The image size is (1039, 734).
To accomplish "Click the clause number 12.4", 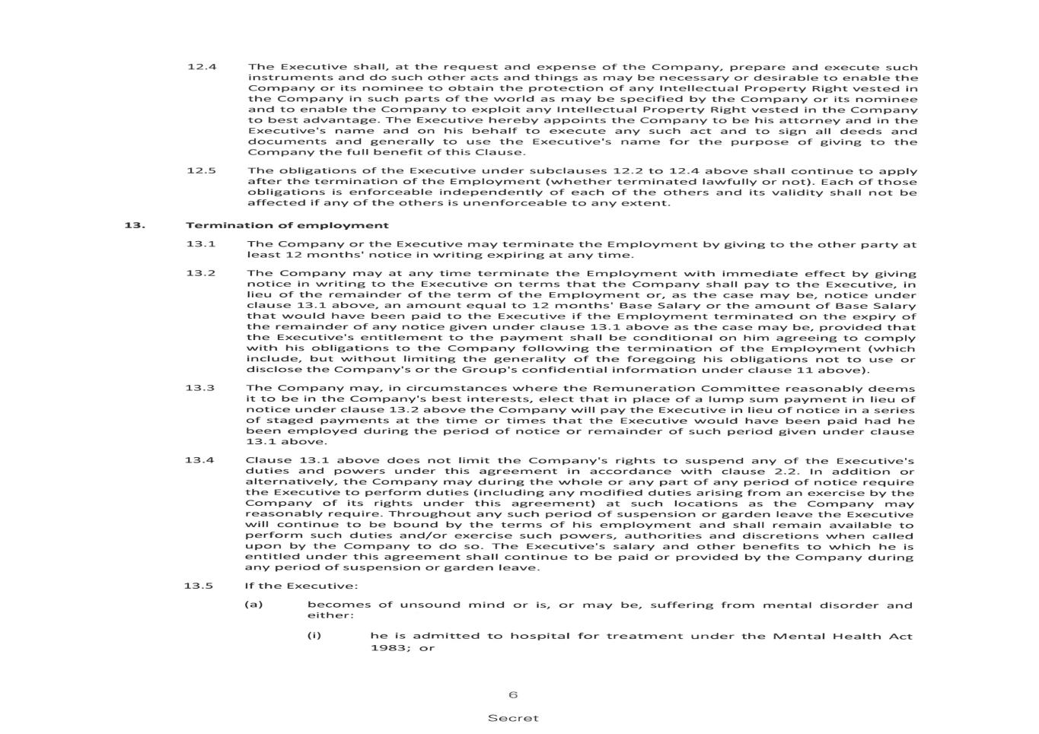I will [202, 67].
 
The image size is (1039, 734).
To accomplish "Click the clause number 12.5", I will [202, 170].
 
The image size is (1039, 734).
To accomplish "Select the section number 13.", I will [135, 225].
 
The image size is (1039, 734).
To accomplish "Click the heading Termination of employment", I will [287, 225].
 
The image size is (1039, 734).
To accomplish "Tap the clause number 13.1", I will [201, 244].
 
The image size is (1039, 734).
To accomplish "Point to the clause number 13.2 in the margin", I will [201, 273].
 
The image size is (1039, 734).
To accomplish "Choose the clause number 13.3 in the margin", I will [200, 388].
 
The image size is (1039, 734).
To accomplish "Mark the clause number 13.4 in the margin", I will [199, 460].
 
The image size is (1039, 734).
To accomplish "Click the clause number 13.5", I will [199, 586].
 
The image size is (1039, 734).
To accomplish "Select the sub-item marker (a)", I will [253, 605].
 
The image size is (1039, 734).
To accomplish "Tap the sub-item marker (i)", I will [314, 635].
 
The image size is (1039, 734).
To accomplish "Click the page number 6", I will [513, 695].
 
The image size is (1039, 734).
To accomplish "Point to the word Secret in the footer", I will [513, 718].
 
